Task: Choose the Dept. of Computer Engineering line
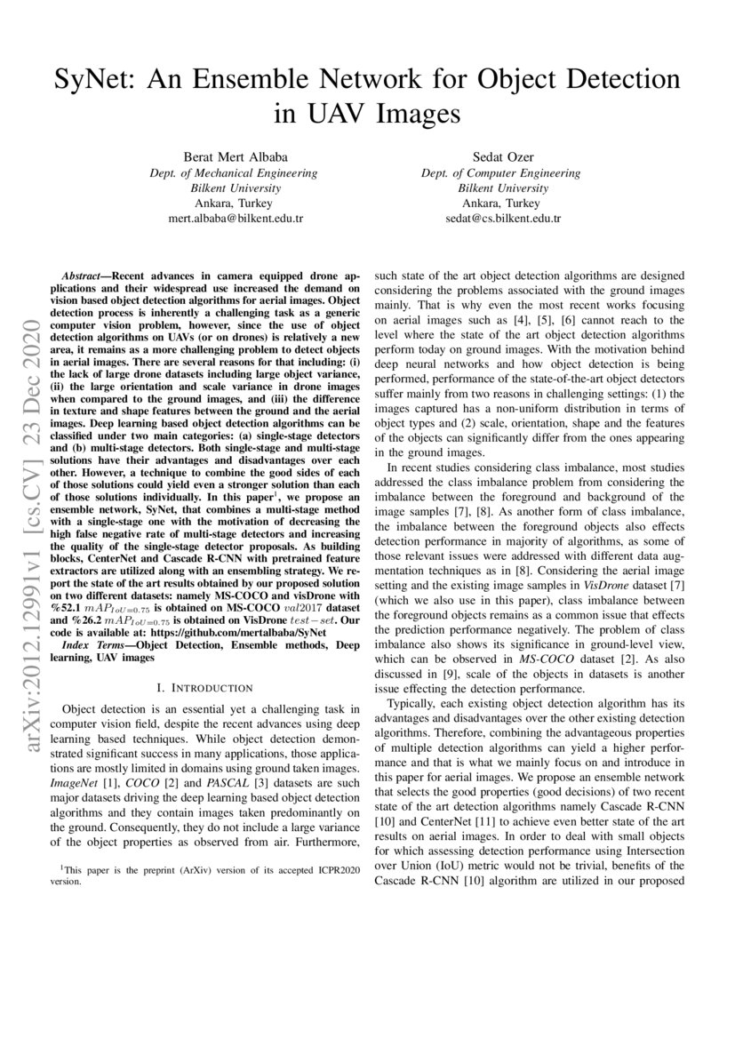coord(502,173)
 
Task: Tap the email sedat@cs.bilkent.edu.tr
coord(502,218)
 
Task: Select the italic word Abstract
coord(86,277)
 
